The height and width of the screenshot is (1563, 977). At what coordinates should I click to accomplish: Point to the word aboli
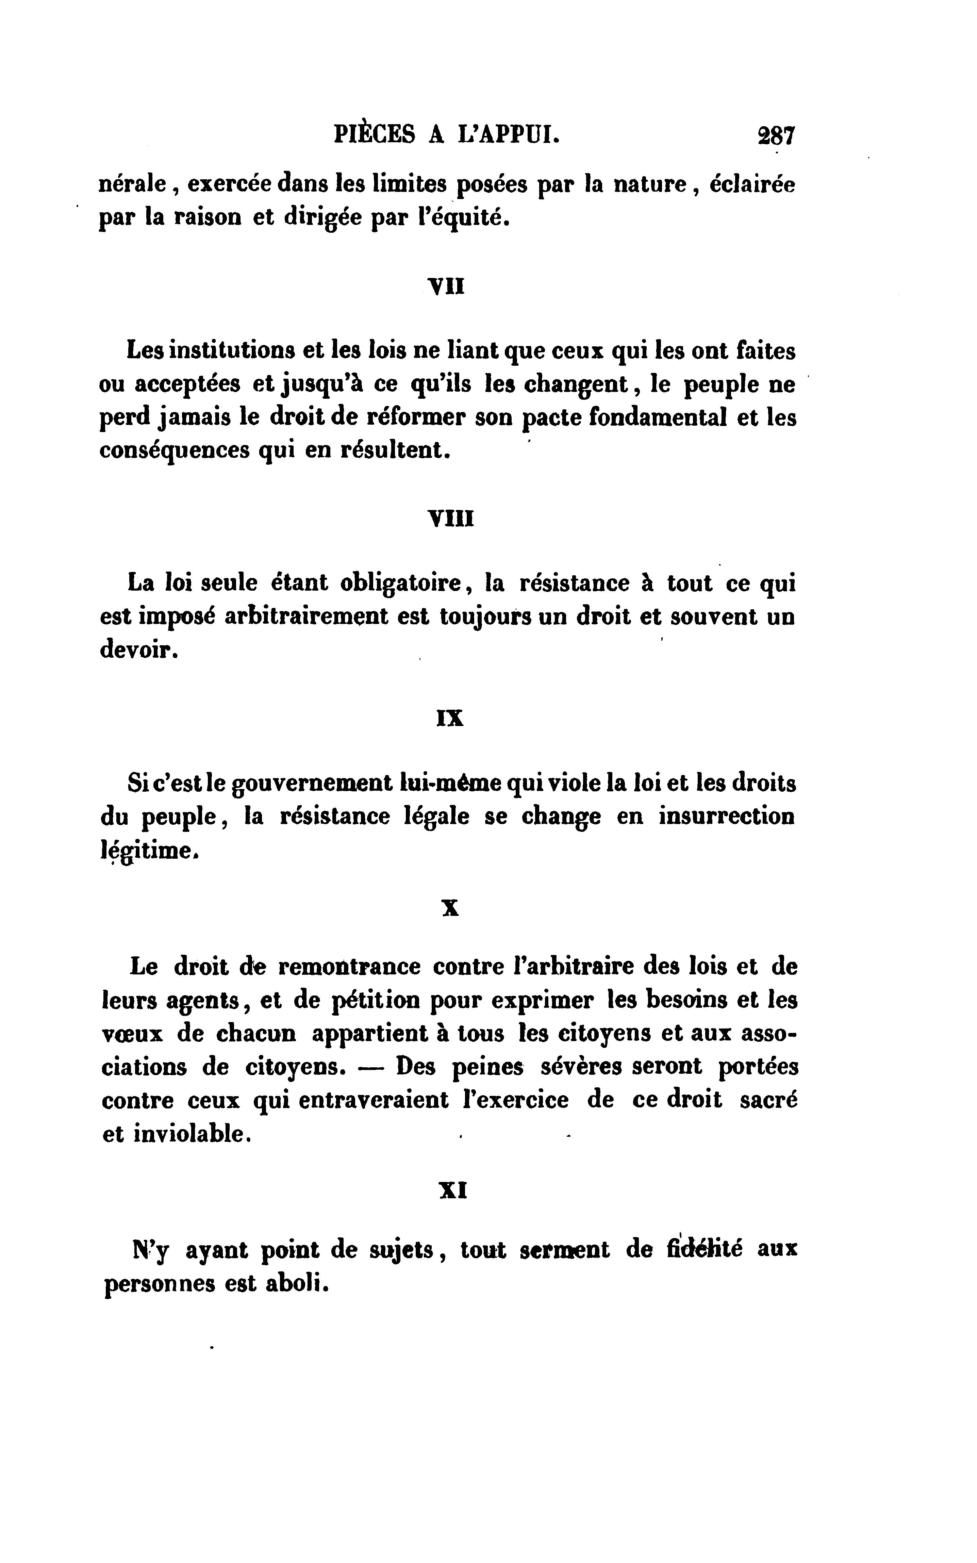tap(298, 1283)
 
